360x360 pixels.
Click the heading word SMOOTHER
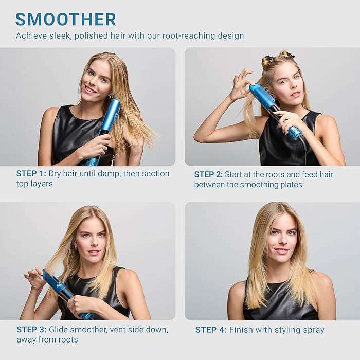coord(66,20)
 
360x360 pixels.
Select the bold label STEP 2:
coord(208,175)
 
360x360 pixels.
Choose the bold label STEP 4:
coord(211,330)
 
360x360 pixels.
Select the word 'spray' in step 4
coord(312,330)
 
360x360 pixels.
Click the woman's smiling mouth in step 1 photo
coord(91,89)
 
